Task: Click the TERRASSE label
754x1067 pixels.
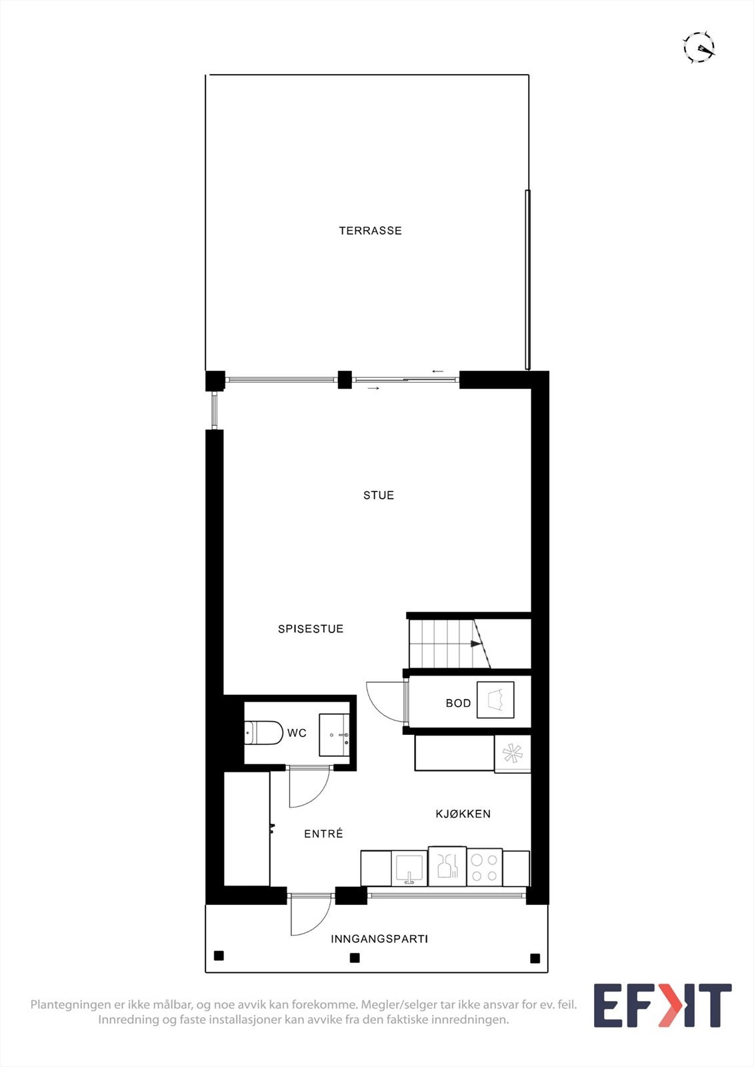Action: tap(370, 231)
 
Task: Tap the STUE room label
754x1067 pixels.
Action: tap(378, 495)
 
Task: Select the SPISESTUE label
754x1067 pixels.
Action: tap(311, 628)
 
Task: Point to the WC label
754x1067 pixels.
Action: tap(297, 733)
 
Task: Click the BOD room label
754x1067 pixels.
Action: tap(458, 703)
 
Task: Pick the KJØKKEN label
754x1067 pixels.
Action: tap(463, 814)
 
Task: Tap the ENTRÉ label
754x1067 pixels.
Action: tap(323, 834)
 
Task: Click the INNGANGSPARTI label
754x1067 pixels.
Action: tap(379, 938)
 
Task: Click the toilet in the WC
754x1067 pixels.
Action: tap(263, 733)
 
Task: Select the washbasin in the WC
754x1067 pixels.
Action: tap(334, 735)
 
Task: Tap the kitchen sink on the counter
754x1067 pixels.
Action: tap(409, 869)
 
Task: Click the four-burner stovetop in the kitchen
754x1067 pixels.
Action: tap(484, 868)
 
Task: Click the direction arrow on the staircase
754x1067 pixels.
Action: tap(475, 644)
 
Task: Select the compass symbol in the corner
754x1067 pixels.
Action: tap(698, 47)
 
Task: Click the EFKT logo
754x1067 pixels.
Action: tap(662, 1005)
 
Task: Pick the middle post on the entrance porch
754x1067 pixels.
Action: tap(355, 958)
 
